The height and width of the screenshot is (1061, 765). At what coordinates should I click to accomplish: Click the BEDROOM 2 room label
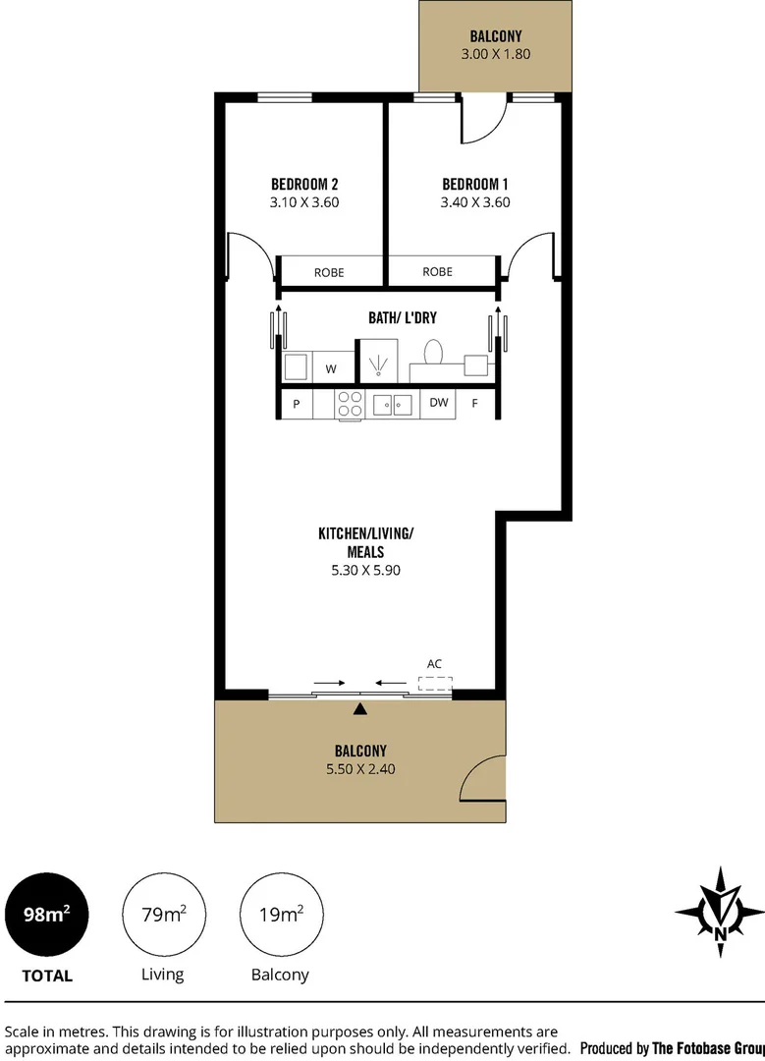[304, 184]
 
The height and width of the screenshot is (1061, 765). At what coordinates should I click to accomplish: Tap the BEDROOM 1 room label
[475, 184]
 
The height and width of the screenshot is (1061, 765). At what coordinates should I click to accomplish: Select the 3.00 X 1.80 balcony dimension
[495, 54]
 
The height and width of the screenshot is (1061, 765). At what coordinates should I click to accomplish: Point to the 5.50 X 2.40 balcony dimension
[360, 769]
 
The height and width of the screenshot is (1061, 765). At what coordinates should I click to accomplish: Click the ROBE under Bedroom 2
[329, 272]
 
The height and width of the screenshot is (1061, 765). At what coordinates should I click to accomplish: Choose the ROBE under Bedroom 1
[437, 271]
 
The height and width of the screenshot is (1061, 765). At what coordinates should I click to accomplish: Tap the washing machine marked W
[331, 369]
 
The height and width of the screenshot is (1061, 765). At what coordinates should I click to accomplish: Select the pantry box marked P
[296, 404]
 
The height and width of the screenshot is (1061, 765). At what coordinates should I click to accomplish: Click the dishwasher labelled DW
[438, 403]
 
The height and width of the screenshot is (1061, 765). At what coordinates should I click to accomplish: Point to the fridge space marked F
[475, 404]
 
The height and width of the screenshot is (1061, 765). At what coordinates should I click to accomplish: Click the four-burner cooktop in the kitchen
[351, 404]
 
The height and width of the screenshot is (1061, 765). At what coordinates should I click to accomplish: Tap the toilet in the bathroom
[433, 353]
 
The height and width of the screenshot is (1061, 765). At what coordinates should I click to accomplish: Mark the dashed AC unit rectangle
[435, 684]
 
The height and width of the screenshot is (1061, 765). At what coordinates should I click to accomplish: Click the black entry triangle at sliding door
[360, 708]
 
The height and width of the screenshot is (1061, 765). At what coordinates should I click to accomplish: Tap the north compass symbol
[720, 912]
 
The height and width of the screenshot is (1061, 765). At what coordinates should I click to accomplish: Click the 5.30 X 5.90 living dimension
[365, 569]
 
